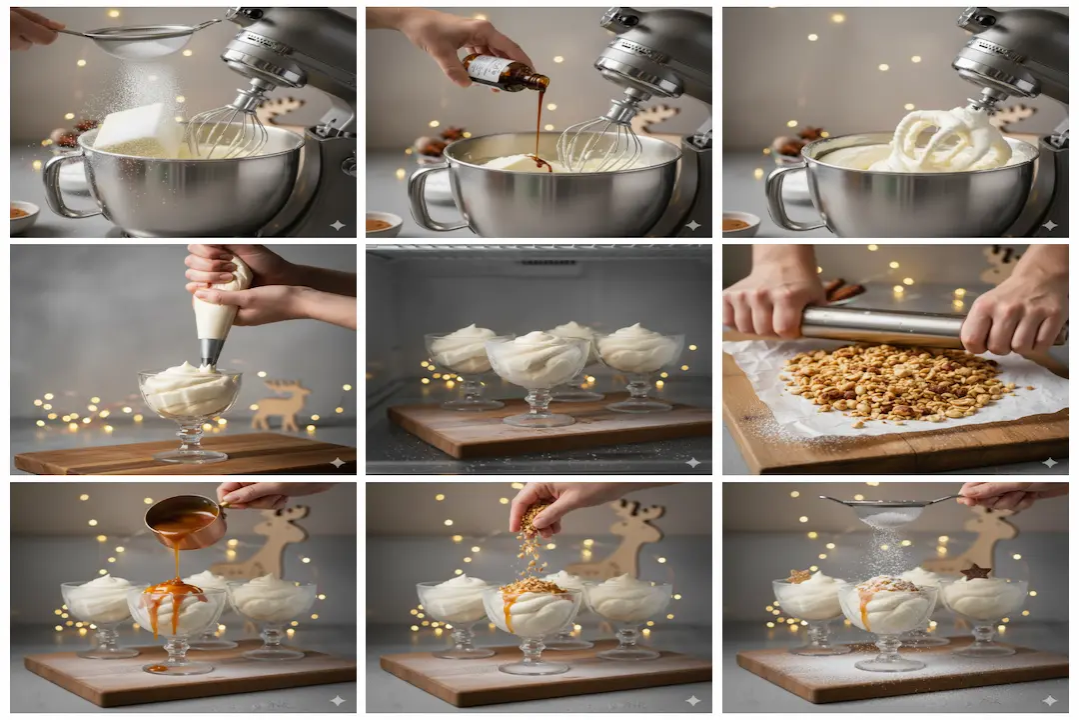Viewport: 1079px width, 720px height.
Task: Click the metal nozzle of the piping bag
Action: [211, 351]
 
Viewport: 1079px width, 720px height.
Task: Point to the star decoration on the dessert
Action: [975, 572]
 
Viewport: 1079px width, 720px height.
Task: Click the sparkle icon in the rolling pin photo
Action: [1049, 462]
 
